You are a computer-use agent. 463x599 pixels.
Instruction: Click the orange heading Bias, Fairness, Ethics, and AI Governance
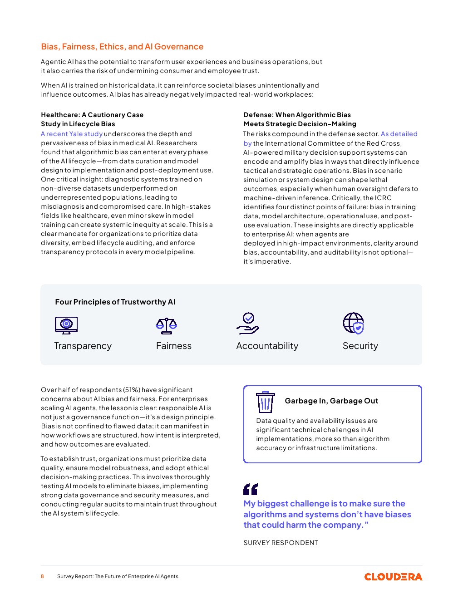(x=122, y=47)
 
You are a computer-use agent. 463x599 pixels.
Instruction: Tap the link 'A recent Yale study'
(x=72, y=134)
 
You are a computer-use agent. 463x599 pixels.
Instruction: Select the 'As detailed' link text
(x=399, y=134)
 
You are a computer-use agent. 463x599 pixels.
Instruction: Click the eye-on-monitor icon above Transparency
(x=66, y=325)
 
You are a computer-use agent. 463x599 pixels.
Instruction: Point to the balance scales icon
(x=166, y=325)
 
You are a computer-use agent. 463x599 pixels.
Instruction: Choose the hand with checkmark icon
(x=248, y=323)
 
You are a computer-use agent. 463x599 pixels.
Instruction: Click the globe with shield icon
(x=354, y=324)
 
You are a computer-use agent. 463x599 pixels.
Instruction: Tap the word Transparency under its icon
(x=83, y=346)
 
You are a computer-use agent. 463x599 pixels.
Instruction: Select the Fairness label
(x=174, y=346)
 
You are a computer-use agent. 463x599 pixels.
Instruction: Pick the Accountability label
(x=267, y=346)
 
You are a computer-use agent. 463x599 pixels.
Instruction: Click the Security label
(x=360, y=346)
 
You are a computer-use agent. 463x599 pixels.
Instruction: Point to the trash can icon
(x=265, y=402)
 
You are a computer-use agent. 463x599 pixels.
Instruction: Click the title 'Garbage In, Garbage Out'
(x=331, y=401)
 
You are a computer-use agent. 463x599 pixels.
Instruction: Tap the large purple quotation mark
(x=251, y=489)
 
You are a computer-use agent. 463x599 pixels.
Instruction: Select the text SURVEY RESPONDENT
(x=281, y=543)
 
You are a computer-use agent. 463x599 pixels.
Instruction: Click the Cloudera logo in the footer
(x=393, y=577)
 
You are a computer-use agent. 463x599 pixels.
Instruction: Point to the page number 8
(x=43, y=576)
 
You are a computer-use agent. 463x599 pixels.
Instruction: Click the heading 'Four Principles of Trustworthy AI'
(x=115, y=302)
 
